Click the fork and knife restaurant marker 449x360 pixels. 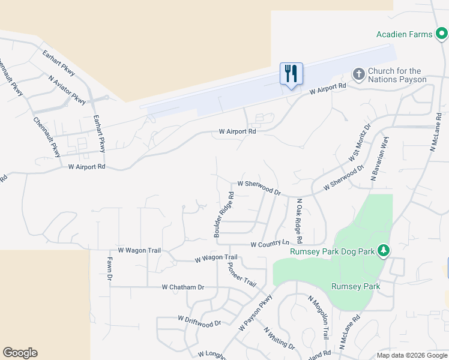tap(291, 74)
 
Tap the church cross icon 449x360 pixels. tap(358, 74)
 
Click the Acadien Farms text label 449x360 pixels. tap(404, 34)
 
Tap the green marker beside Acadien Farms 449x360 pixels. tap(441, 34)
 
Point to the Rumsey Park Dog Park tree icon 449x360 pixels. tap(382, 251)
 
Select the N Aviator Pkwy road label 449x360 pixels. tap(68, 88)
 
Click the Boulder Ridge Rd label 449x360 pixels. tap(223, 215)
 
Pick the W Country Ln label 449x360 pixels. tap(270, 244)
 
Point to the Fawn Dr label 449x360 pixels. tap(110, 269)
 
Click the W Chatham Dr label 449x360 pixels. tap(183, 287)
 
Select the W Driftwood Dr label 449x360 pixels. tap(199, 322)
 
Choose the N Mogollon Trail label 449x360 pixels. tap(319, 318)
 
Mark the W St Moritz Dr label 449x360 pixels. tap(360, 143)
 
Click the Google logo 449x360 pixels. tap(20, 353)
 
